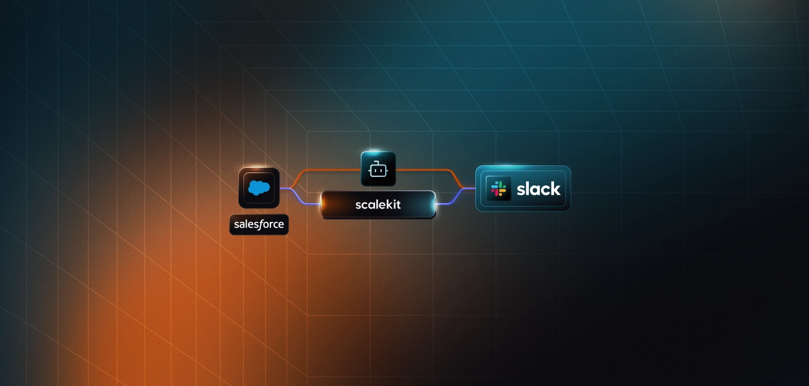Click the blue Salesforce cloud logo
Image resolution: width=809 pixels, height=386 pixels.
[x=259, y=188]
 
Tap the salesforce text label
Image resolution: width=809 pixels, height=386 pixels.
[x=259, y=225]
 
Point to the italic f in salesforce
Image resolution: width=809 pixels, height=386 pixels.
[x=262, y=225]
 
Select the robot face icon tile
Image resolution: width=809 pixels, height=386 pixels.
[x=378, y=169]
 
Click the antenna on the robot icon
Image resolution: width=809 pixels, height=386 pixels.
[x=378, y=163]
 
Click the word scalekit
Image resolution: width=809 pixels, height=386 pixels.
[x=378, y=205]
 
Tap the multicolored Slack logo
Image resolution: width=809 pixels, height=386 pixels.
[x=499, y=188]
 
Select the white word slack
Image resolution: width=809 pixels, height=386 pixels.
[x=538, y=188]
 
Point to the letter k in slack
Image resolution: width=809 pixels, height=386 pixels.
[x=555, y=188]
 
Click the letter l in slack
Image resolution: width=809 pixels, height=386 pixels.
[x=529, y=188]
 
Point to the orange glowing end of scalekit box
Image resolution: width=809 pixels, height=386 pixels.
[x=324, y=205]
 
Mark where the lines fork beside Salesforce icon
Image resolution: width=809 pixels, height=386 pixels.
[x=289, y=188]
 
